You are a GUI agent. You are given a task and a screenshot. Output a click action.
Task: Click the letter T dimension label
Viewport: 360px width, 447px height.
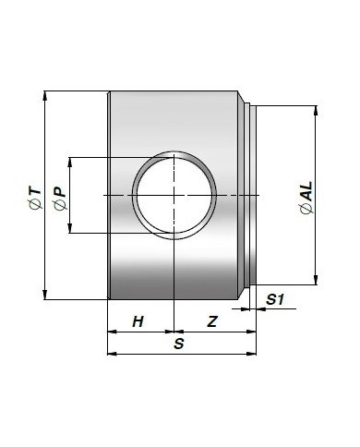(x=35, y=191)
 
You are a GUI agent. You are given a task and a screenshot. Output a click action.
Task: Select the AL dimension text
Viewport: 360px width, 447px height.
(x=306, y=191)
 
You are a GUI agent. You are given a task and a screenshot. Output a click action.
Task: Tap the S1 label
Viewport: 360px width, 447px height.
(x=275, y=299)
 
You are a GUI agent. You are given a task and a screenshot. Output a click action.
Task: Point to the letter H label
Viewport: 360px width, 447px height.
(x=138, y=321)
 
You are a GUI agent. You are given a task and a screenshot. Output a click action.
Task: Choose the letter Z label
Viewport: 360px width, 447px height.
(x=212, y=321)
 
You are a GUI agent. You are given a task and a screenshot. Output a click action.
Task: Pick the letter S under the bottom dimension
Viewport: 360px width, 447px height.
(x=178, y=344)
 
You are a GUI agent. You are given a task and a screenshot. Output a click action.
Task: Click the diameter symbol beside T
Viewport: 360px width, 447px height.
(x=36, y=204)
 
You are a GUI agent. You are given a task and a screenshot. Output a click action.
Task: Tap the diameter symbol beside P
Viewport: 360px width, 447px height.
(x=61, y=205)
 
